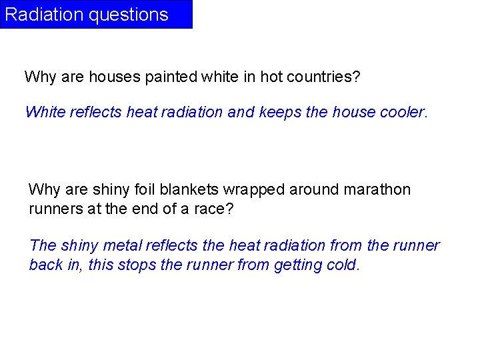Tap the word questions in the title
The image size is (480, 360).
[128, 15]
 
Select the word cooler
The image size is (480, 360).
[402, 112]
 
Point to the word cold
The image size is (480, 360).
[343, 265]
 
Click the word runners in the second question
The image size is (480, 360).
[55, 209]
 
